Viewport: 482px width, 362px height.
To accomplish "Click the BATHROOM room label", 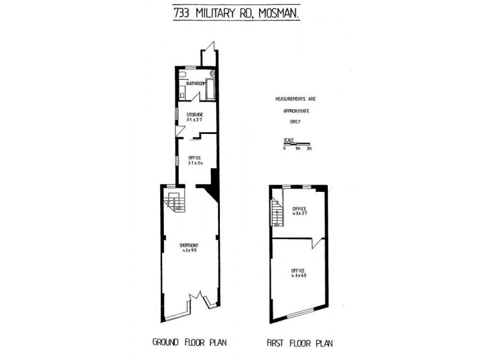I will pyautogui.click(x=195, y=83).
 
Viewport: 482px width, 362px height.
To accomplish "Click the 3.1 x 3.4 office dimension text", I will pyautogui.click(x=195, y=163).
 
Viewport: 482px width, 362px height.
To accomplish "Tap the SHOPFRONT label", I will pyautogui.click(x=189, y=245).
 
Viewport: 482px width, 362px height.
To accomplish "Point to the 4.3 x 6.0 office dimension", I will pyautogui.click(x=299, y=275).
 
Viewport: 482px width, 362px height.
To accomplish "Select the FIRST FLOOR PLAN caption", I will pyautogui.click(x=299, y=343).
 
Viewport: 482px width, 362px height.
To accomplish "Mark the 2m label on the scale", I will pyautogui.click(x=309, y=148).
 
